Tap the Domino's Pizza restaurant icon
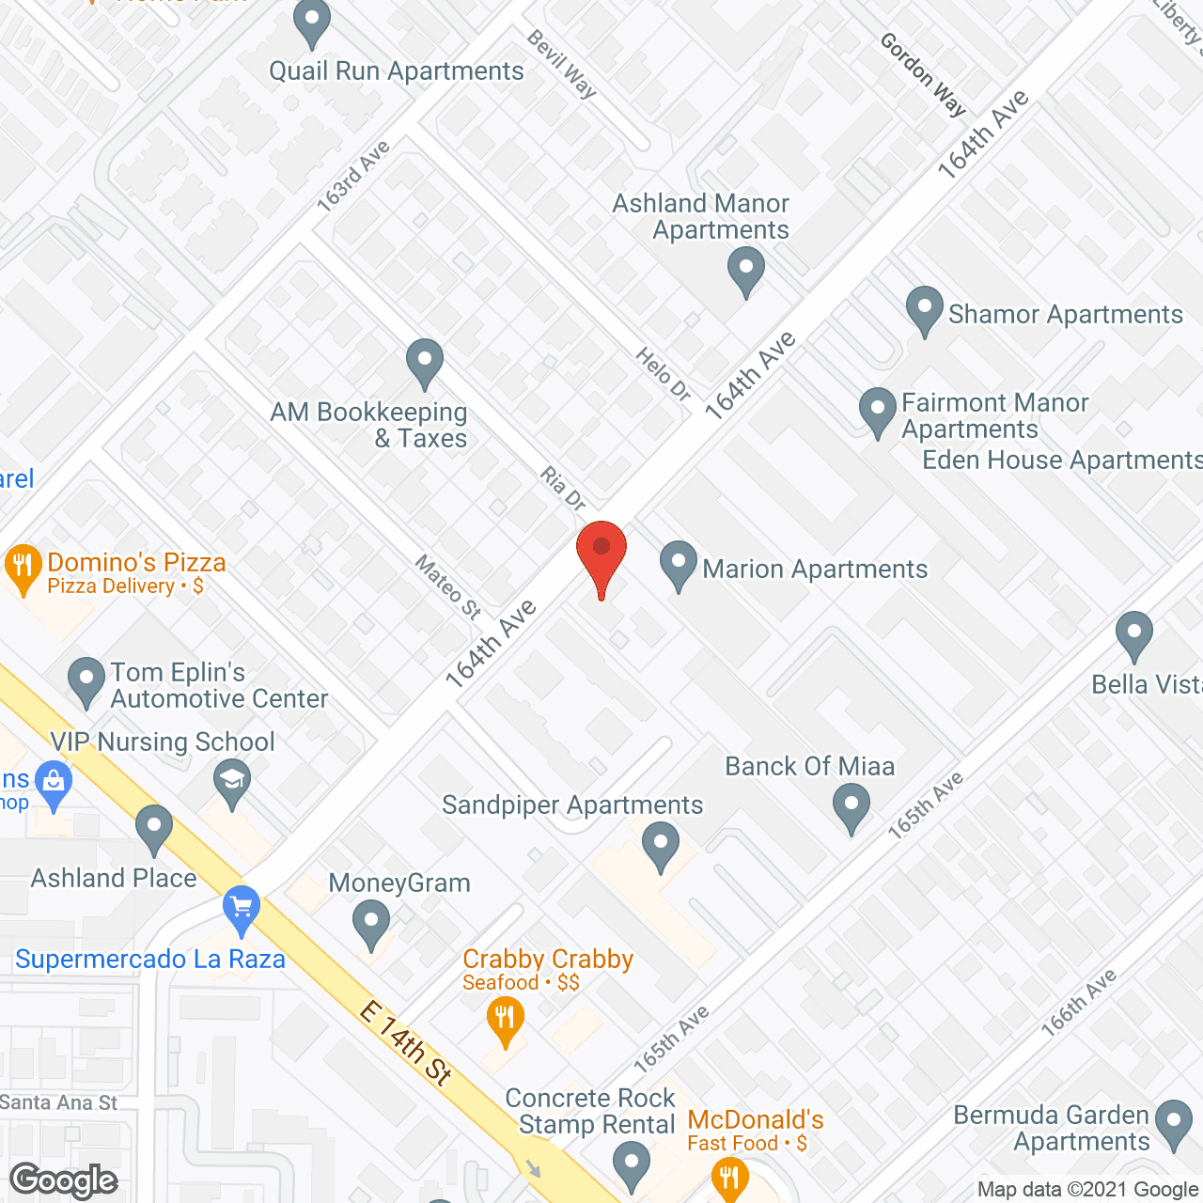[x=23, y=567]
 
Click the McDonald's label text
[x=755, y=1120]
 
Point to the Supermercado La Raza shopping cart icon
[x=242, y=907]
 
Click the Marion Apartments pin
[x=678, y=564]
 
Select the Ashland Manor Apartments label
[x=701, y=217]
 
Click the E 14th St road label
[x=406, y=1043]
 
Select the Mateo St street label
[x=448, y=586]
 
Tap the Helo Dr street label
[x=664, y=374]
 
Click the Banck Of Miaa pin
[x=851, y=805]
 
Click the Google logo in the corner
[x=64, y=1180]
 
